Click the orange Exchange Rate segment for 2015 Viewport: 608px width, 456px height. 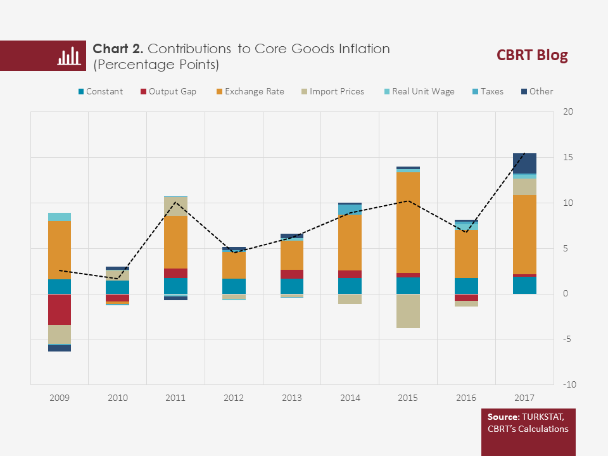(408, 222)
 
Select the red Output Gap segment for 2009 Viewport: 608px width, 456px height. (60, 310)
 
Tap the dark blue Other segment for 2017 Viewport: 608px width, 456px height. (524, 163)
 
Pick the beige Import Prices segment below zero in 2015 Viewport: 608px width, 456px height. (408, 311)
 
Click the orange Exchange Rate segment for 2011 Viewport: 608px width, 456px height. (175, 242)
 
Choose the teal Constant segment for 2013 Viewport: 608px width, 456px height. (292, 286)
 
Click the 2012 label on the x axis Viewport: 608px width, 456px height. (234, 398)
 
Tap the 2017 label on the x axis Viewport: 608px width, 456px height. (524, 398)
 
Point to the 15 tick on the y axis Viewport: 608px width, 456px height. (568, 158)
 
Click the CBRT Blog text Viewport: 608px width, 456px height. (532, 56)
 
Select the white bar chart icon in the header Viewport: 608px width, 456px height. (68, 56)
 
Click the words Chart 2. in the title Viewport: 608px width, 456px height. (118, 49)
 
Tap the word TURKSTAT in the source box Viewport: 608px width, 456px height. (545, 417)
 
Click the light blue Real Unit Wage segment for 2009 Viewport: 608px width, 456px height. (60, 217)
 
